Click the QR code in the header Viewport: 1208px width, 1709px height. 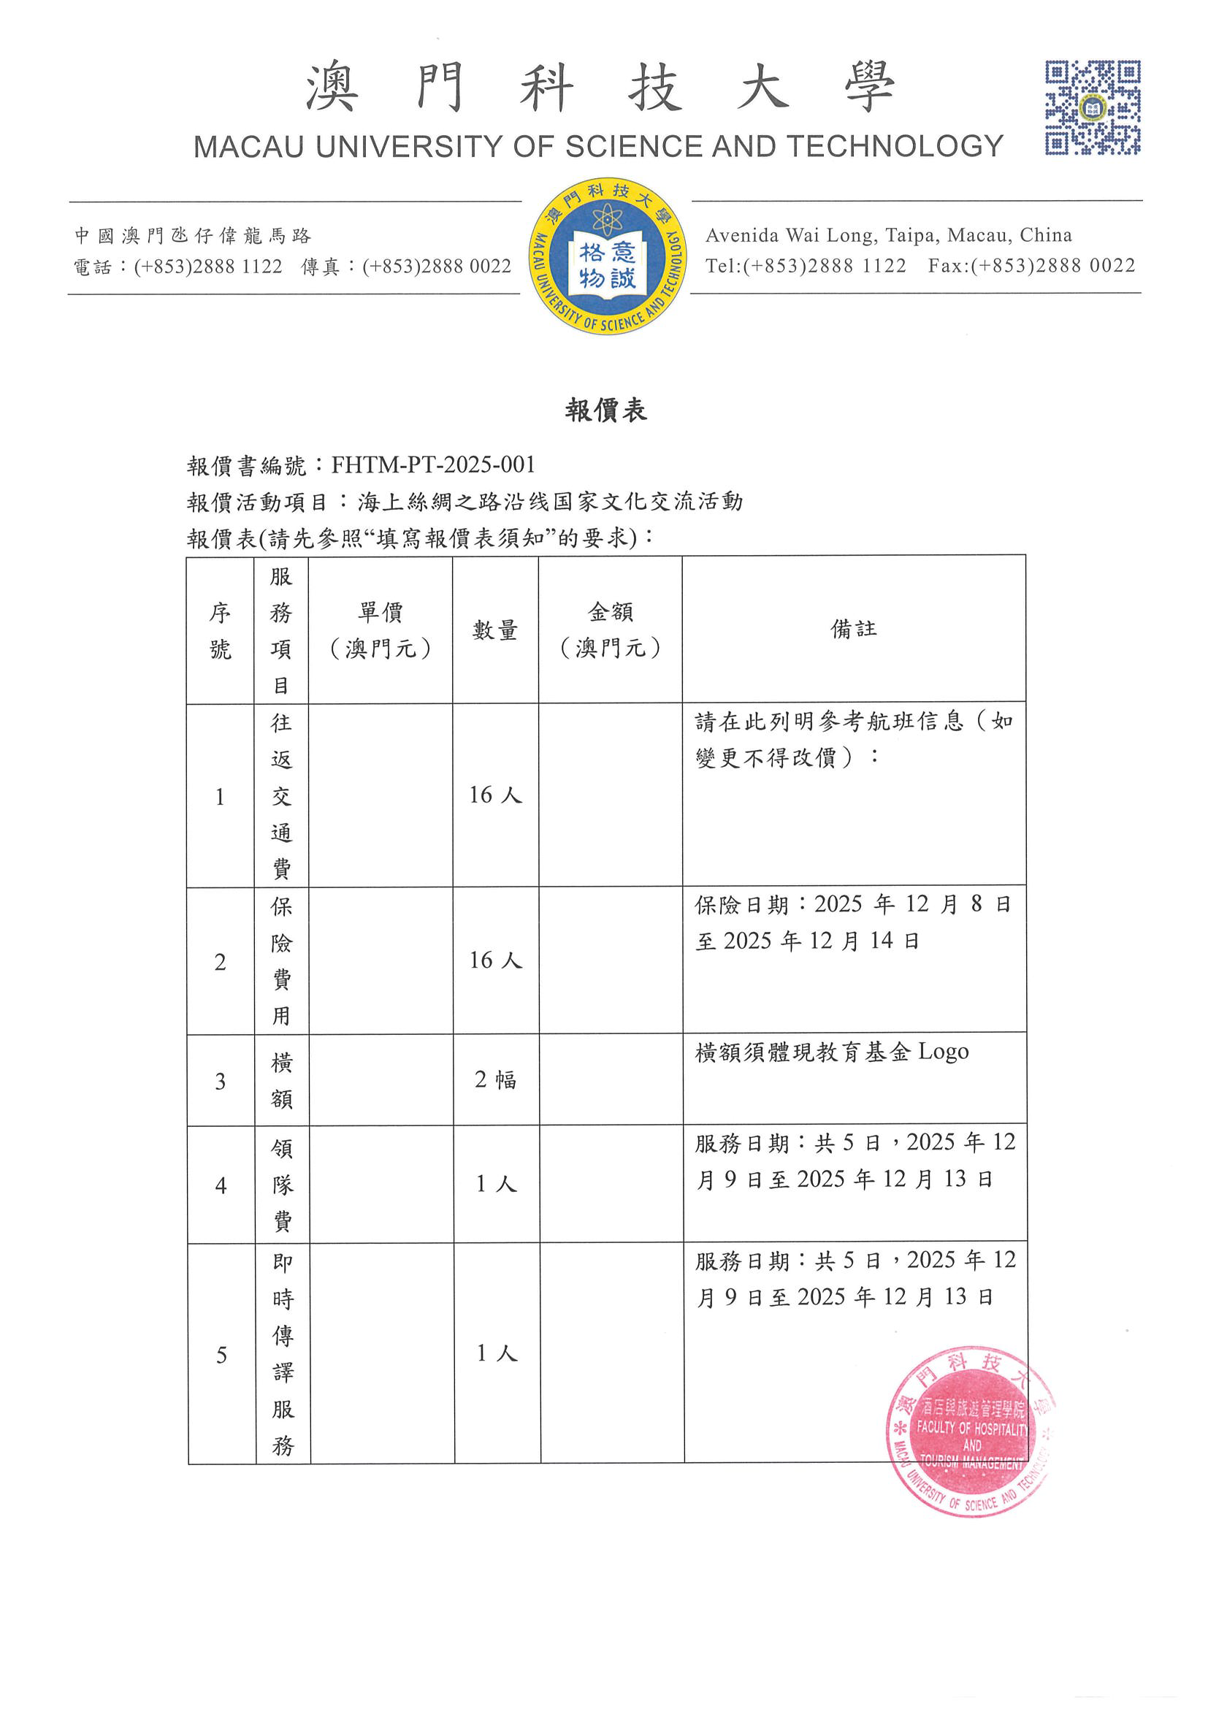pyautogui.click(x=1092, y=108)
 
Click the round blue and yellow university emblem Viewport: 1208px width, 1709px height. pyautogui.click(x=607, y=256)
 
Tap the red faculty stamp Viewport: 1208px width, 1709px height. pyautogui.click(x=970, y=1431)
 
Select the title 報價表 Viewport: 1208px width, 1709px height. pyautogui.click(x=606, y=410)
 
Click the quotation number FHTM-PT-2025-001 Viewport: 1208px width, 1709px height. pyautogui.click(x=433, y=465)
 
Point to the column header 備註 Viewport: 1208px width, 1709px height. pyautogui.click(x=854, y=630)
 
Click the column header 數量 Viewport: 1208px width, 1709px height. pyautogui.click(x=495, y=630)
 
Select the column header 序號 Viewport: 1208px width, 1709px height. pyautogui.click(x=220, y=630)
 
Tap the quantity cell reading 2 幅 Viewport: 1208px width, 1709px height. pyautogui.click(x=496, y=1079)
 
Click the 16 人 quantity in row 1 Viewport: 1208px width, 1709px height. pyautogui.click(x=496, y=795)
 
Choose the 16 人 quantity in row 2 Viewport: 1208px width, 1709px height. pyautogui.click(x=496, y=960)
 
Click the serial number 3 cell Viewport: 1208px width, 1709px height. pyautogui.click(x=221, y=1081)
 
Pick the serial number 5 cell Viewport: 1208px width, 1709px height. pyautogui.click(x=221, y=1355)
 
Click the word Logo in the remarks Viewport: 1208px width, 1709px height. pyautogui.click(x=943, y=1052)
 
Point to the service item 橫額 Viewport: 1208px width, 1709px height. pyautogui.click(x=281, y=1081)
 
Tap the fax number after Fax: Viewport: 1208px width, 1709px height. pyautogui.click(x=1054, y=267)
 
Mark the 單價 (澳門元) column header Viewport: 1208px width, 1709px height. pyautogui.click(x=381, y=630)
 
